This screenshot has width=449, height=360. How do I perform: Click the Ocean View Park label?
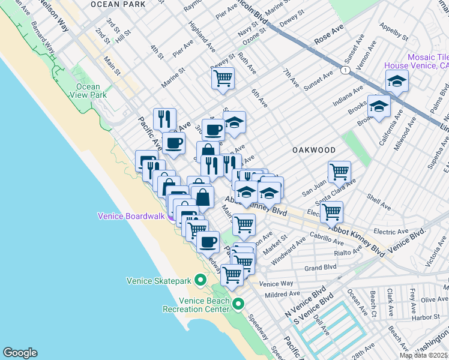tap(88, 91)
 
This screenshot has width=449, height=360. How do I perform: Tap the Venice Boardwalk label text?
tap(131, 215)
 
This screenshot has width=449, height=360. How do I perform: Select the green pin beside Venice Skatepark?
tap(200, 280)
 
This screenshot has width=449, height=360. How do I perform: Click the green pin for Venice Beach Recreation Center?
tap(238, 304)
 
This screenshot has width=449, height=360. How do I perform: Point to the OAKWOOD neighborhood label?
tap(313, 149)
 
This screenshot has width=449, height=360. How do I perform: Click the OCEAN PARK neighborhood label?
tap(118, 4)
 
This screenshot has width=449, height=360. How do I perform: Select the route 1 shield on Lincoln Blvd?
tap(345, 70)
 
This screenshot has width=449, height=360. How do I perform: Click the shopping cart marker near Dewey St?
tap(223, 78)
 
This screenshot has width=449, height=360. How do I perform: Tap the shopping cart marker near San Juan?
tap(339, 172)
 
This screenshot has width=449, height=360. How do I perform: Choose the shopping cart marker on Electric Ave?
tap(331, 212)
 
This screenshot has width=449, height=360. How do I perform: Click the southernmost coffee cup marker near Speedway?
tap(208, 242)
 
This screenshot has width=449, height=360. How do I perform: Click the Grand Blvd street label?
tap(320, 268)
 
